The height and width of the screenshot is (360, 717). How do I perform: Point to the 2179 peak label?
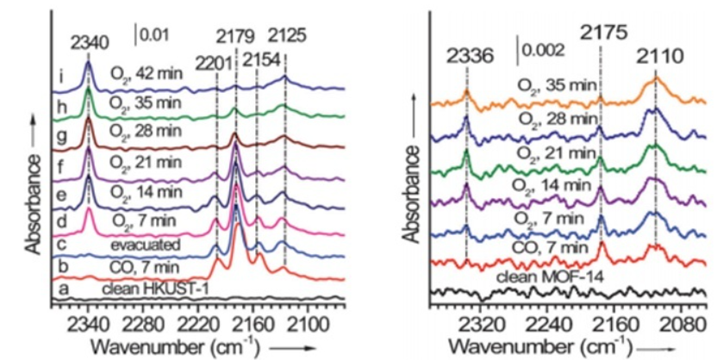(x=236, y=36)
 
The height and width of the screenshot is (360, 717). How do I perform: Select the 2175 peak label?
(x=601, y=35)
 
